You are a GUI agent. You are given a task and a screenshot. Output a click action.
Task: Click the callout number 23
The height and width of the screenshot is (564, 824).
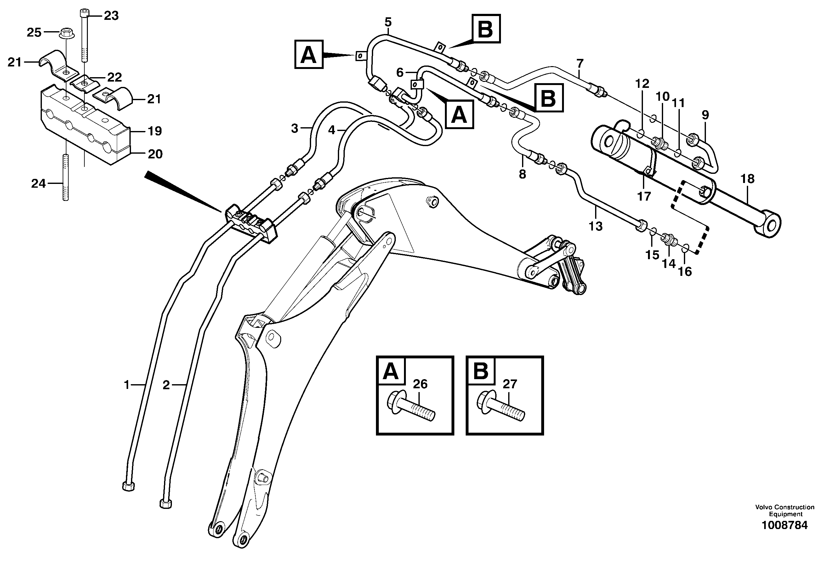[111, 16]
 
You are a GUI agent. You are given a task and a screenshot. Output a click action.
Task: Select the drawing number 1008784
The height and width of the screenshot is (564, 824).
[785, 525]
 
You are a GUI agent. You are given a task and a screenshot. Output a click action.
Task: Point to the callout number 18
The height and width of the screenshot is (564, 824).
[747, 179]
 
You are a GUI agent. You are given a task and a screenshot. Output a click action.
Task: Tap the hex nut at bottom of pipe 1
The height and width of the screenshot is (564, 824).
[128, 486]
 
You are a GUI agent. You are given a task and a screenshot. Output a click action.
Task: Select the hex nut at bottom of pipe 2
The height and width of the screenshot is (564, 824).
[166, 504]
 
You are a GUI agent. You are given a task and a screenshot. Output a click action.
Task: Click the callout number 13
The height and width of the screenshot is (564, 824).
[595, 226]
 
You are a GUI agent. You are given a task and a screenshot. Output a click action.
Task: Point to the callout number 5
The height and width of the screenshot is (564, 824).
[388, 22]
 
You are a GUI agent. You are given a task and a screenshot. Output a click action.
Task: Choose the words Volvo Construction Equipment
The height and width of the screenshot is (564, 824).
[785, 510]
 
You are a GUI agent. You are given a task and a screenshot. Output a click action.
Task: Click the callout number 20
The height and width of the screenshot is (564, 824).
[155, 154]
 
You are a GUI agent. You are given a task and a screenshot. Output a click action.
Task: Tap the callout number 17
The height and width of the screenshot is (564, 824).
[644, 196]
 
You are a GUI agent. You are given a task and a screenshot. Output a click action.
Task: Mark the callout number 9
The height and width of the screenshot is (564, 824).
[705, 115]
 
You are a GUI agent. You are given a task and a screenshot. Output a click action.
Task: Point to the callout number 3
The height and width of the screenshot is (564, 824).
[294, 128]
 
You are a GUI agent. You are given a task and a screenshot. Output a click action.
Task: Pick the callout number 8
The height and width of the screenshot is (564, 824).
[522, 174]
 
